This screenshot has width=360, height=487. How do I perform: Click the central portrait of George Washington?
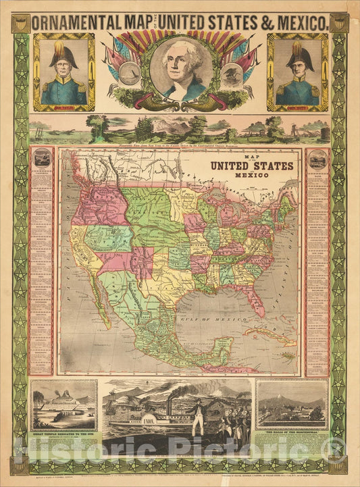click(180, 70)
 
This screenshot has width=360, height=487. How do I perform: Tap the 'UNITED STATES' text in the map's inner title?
click(251, 165)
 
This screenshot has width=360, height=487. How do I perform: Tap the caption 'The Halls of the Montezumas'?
click(292, 429)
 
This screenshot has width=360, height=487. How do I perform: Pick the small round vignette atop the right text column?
click(317, 159)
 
